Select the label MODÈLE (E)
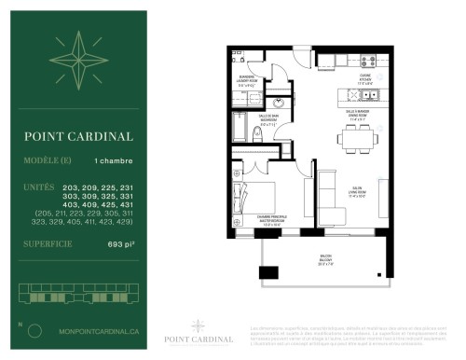click(48, 161)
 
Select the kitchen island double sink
click(359, 96)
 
